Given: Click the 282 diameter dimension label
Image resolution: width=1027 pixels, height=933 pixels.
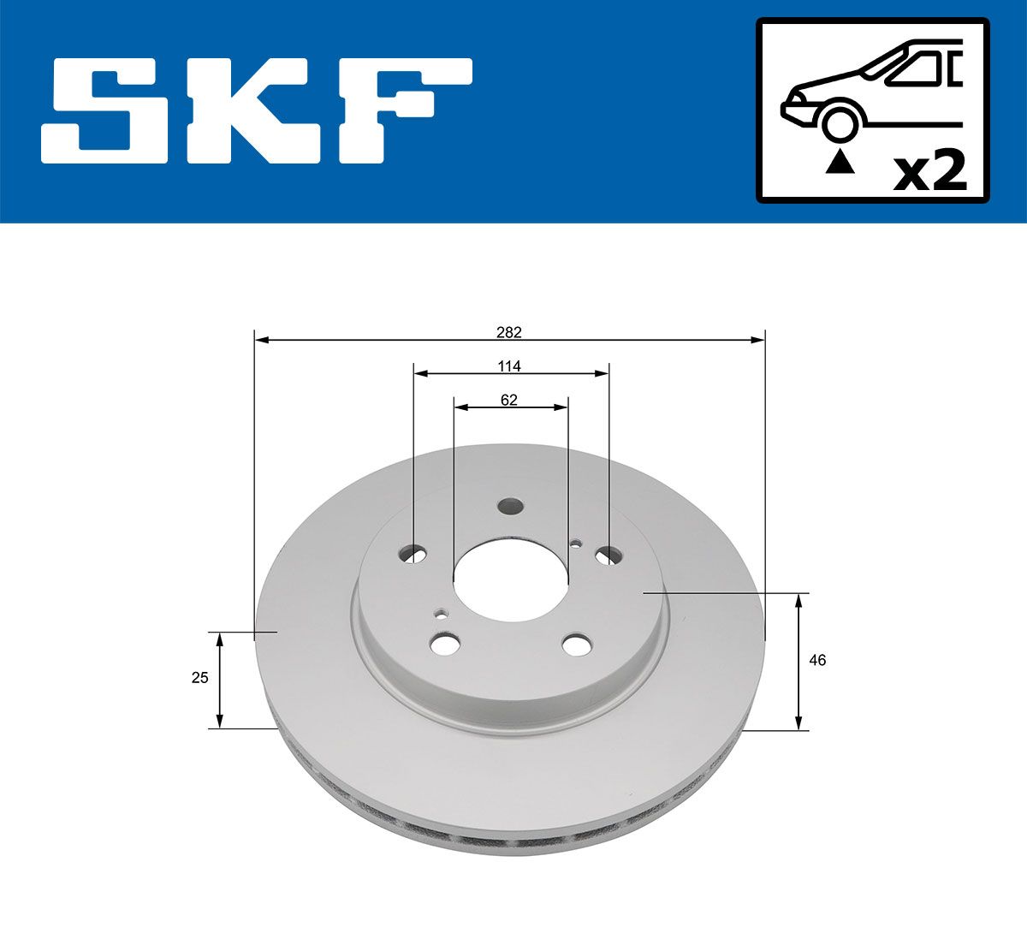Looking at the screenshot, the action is (x=509, y=333).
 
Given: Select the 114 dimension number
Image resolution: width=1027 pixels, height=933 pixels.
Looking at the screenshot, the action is (x=509, y=366).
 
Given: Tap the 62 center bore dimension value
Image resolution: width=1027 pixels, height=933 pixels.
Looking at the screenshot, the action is (x=509, y=400).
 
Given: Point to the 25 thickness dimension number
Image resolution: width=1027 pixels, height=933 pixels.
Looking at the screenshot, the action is (x=199, y=677).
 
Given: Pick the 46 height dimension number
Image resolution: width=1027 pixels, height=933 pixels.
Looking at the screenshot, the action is (x=817, y=660).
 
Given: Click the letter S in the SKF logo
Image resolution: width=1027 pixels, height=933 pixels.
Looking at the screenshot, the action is (x=104, y=110).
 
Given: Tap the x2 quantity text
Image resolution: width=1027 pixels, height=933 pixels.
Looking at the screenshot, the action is (x=929, y=171).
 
